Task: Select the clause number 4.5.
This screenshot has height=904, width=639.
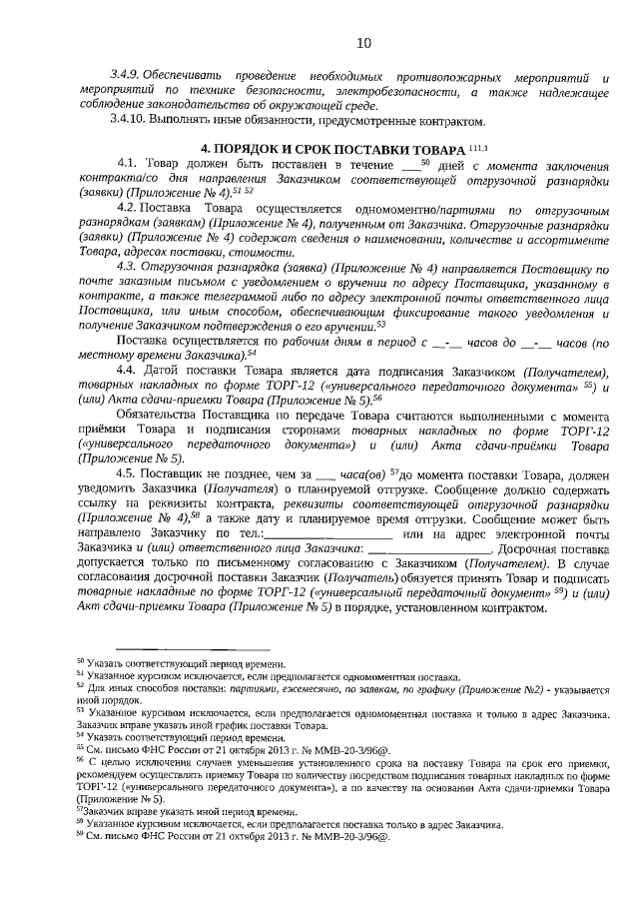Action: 127,472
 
